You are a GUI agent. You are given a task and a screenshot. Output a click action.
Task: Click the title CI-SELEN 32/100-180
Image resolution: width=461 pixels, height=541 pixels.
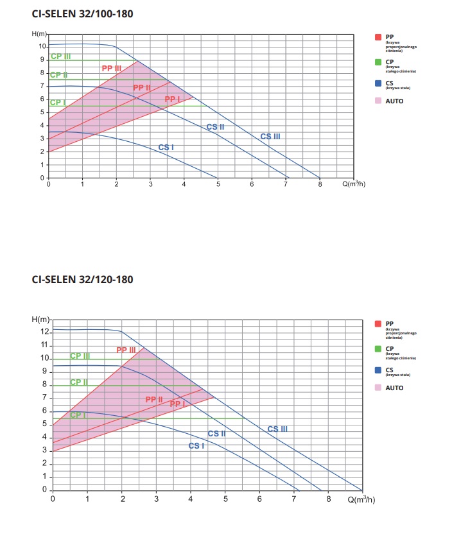[x=83, y=13]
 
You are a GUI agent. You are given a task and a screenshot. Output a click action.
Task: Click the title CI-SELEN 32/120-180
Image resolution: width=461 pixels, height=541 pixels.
[x=83, y=280]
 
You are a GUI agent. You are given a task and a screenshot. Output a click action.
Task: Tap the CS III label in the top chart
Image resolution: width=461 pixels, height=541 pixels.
[x=270, y=136]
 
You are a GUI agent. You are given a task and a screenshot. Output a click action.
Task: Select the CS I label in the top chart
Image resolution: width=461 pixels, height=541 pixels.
[x=166, y=148]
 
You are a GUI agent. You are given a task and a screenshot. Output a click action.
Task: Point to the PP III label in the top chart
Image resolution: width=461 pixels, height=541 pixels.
[x=112, y=68]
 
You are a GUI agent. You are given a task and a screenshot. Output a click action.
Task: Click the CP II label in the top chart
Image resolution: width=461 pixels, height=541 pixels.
[x=59, y=75]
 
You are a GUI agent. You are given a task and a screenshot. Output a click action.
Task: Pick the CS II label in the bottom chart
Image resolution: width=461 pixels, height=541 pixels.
[x=217, y=434]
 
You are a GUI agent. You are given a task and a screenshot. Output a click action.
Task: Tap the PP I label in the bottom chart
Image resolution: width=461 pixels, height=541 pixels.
[x=177, y=404]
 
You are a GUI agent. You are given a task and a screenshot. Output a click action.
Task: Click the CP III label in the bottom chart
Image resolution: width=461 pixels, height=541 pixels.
[x=80, y=356]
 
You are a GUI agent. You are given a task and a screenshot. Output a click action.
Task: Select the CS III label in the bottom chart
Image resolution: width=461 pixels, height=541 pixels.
[x=278, y=429]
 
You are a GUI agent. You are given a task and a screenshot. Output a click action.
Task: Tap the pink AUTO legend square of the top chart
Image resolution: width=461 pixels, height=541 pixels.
[x=378, y=101]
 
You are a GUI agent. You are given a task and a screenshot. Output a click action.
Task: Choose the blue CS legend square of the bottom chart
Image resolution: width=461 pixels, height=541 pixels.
[x=378, y=370]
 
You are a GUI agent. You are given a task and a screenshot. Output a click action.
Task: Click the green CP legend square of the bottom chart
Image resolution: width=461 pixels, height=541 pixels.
[x=378, y=349]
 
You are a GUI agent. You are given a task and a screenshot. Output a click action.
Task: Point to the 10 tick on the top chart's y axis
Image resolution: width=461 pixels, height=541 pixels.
[x=42, y=46]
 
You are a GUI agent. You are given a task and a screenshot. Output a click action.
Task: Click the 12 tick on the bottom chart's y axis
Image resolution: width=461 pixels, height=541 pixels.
[x=44, y=332]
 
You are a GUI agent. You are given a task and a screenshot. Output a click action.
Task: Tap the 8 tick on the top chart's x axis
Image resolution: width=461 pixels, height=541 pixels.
[x=320, y=185]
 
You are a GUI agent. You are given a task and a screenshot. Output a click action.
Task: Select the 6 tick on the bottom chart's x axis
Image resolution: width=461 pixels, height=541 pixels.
[x=259, y=498]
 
